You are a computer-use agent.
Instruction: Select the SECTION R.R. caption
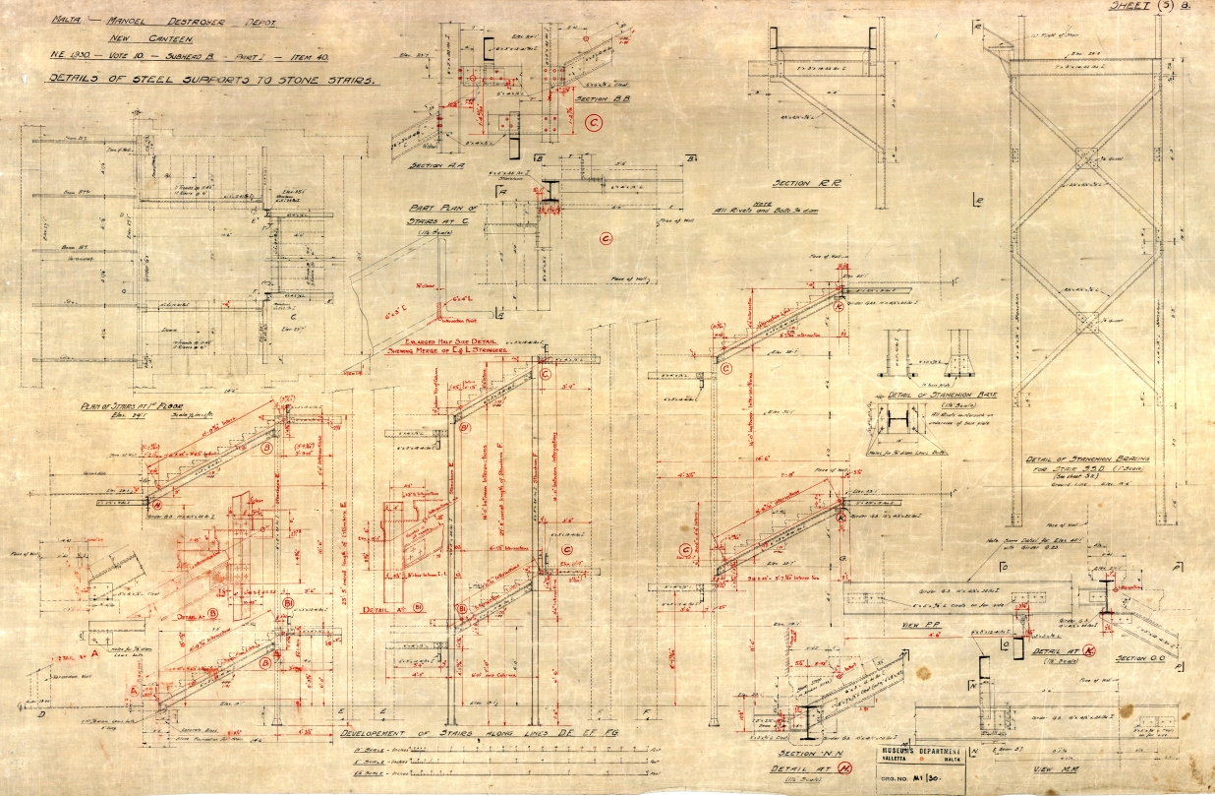[805, 184]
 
